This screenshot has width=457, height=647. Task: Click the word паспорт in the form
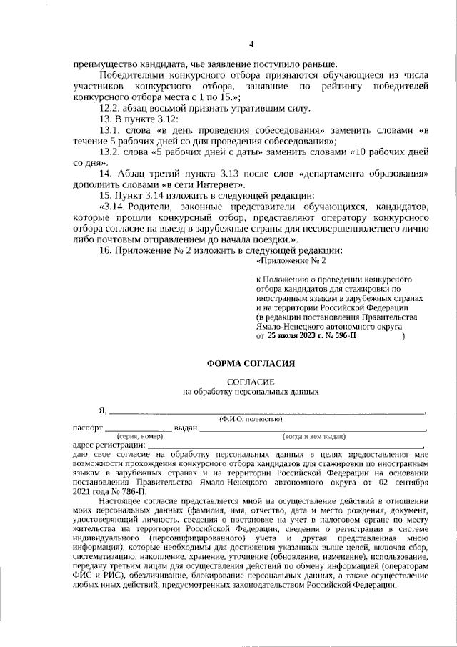pos(89,427)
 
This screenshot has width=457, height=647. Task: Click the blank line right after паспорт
pos(144,428)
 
